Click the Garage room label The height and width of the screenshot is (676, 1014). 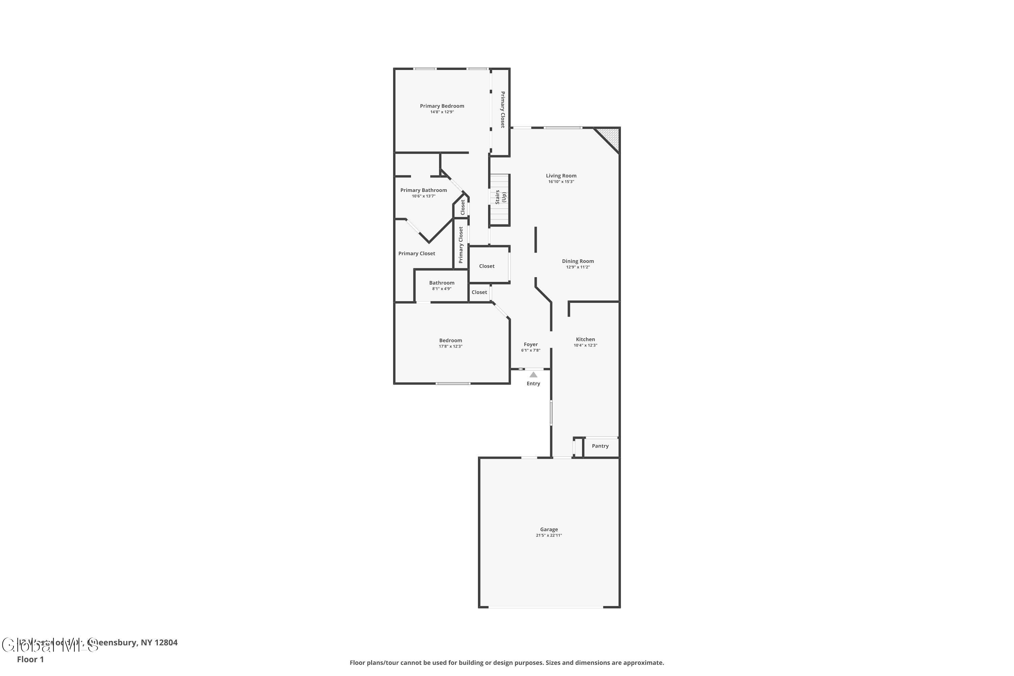pos(549,529)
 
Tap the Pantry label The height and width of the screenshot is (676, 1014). pos(600,446)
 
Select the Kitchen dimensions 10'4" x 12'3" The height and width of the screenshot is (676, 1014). pos(585,345)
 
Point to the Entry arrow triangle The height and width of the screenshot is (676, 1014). pos(533,375)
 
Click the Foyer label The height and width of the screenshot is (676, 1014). pos(531,344)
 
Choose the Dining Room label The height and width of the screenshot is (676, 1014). pos(578,261)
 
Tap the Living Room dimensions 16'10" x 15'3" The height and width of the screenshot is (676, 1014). pos(561,182)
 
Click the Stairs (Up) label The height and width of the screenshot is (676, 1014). pos(501,197)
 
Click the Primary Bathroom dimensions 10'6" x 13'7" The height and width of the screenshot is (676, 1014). pos(424,196)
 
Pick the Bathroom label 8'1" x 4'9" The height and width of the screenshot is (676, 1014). pos(441,283)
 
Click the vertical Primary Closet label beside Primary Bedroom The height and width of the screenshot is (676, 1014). pos(503,110)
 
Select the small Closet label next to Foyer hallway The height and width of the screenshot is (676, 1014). pos(479,292)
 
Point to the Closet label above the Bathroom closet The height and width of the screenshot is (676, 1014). pos(487,266)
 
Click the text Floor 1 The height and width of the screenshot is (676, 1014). pos(30,659)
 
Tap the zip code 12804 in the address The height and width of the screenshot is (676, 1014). pos(166,643)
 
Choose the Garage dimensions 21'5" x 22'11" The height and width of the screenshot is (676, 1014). pos(549,535)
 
